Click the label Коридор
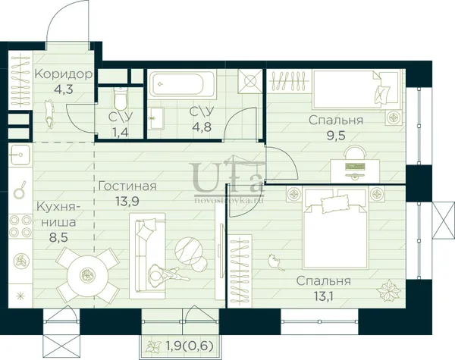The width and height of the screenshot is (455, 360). pos(64,74)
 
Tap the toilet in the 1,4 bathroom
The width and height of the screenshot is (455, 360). pos(121,99)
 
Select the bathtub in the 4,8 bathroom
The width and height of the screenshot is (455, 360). pos(182,84)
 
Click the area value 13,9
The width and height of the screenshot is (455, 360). pos(127,201)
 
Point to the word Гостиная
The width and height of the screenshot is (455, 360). pos(127,186)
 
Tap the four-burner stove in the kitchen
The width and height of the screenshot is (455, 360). pos(20,226)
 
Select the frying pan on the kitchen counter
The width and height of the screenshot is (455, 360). pos(20,190)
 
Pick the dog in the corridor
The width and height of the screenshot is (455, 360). pos(49,114)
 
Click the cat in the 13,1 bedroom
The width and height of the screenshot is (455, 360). pos(275,261)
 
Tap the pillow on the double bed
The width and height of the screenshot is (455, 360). pos(334,203)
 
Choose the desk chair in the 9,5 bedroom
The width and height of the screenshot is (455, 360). pos(356,152)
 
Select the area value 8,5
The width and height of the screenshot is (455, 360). pos(58,238)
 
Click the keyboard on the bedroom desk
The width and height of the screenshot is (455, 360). pos(354,167)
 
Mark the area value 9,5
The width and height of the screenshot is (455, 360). pos(336,136)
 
